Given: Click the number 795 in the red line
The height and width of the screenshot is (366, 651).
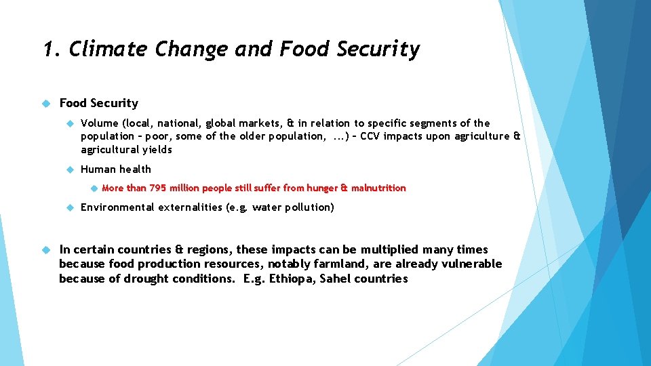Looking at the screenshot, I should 158,188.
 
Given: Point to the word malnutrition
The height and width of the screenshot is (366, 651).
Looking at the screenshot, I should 378,188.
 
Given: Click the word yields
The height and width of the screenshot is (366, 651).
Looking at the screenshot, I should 157,150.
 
